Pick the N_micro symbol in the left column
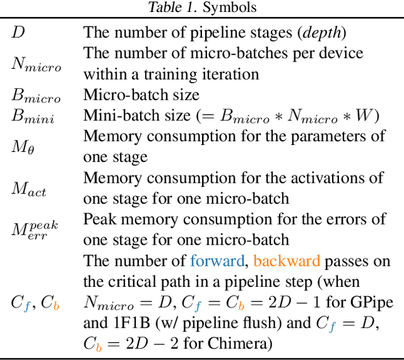click(x=36, y=64)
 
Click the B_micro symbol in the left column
click(x=36, y=96)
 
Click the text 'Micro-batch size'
click(x=141, y=95)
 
